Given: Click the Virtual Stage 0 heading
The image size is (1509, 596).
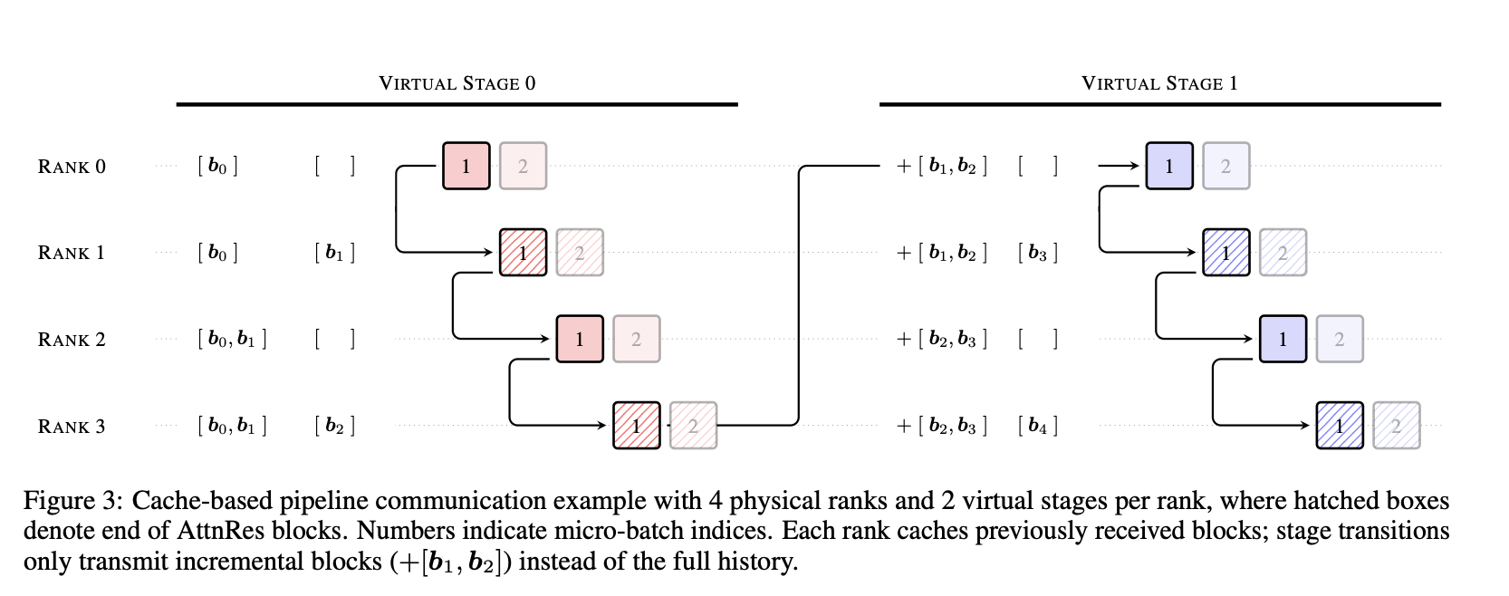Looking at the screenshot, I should coord(457,83).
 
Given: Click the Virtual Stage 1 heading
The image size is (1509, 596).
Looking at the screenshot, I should coord(1159,83).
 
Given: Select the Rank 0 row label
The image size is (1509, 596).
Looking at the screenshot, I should coord(72,167).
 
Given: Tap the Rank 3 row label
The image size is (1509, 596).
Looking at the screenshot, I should coord(72,427).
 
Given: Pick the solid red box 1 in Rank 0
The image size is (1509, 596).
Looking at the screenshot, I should coord(466,166).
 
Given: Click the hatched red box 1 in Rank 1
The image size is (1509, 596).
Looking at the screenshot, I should coord(523,253).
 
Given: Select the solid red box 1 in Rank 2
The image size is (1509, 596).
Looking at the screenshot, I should coord(580,339).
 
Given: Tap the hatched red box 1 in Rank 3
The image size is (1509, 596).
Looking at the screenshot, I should coord(636,426).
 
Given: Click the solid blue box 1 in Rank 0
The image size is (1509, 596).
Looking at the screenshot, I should coord(1169,166).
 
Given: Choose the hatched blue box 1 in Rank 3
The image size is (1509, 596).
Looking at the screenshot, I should coord(1339,426).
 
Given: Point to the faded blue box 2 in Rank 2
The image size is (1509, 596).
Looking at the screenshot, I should coord(1339,339).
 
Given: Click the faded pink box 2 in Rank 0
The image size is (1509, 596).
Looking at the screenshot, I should coord(523,166).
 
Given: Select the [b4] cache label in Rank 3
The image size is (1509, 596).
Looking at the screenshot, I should coord(1038,426).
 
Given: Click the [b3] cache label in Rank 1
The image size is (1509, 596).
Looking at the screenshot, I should coord(1038,253).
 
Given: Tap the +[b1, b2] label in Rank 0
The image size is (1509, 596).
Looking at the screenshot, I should coord(942,166).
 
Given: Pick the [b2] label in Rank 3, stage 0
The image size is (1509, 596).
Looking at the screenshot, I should coord(334,426).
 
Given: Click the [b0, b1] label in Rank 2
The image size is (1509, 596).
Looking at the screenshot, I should coord(232,339).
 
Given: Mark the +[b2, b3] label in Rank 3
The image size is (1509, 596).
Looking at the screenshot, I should coord(942,426).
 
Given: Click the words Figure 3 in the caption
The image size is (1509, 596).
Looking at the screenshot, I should coord(72,501).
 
